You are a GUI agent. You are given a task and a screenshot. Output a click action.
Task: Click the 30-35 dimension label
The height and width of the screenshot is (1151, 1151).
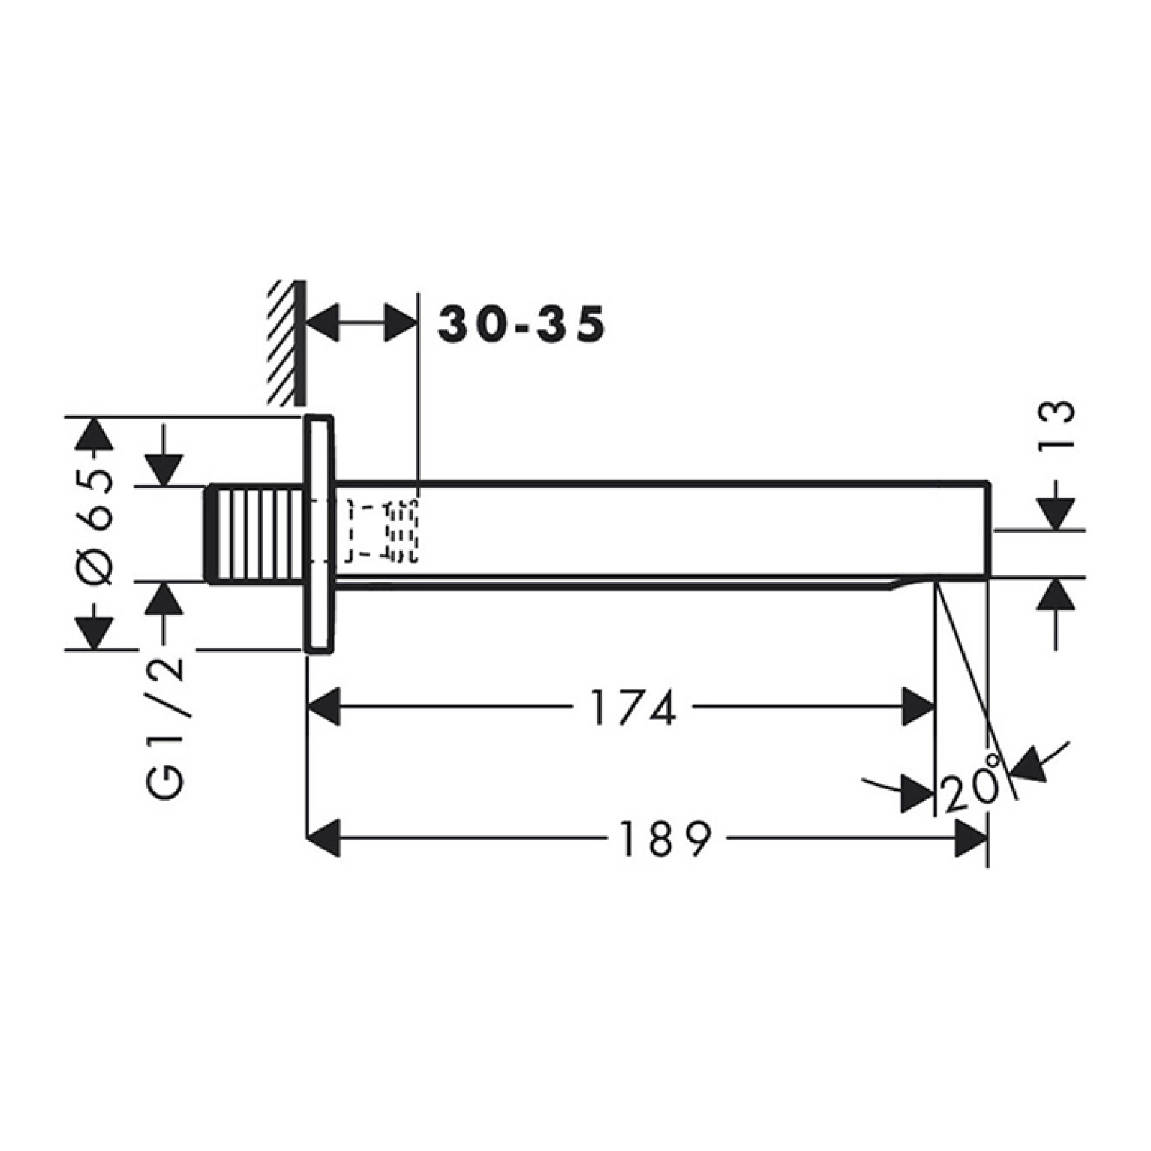[521, 324]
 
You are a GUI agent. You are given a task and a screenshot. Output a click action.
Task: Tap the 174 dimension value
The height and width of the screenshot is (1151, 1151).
[634, 707]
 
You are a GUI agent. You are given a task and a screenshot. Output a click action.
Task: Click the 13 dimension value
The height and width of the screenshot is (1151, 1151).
[1056, 425]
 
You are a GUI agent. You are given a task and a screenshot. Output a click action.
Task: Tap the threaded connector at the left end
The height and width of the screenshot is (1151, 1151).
[257, 533]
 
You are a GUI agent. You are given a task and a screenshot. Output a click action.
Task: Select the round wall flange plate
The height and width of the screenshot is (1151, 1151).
[319, 533]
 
